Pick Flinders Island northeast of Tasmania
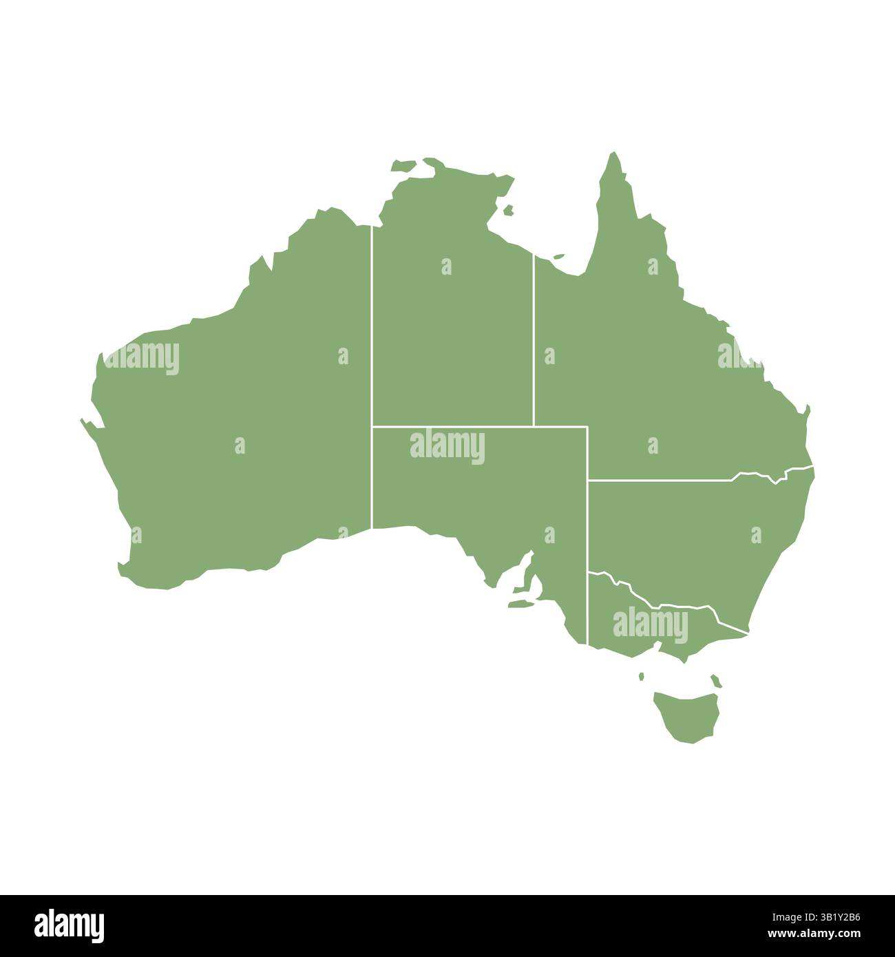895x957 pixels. [x=716, y=681]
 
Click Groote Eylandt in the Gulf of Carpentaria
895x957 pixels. [x=509, y=210]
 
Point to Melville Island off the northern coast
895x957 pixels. [x=405, y=165]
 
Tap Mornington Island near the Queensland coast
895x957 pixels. [x=558, y=257]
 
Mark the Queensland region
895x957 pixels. [x=654, y=358]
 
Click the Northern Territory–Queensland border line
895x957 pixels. [x=533, y=344]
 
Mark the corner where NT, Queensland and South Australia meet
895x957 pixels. [x=533, y=426]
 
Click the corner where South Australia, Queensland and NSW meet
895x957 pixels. [x=587, y=480]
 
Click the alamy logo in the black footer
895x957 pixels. [x=69, y=925]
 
